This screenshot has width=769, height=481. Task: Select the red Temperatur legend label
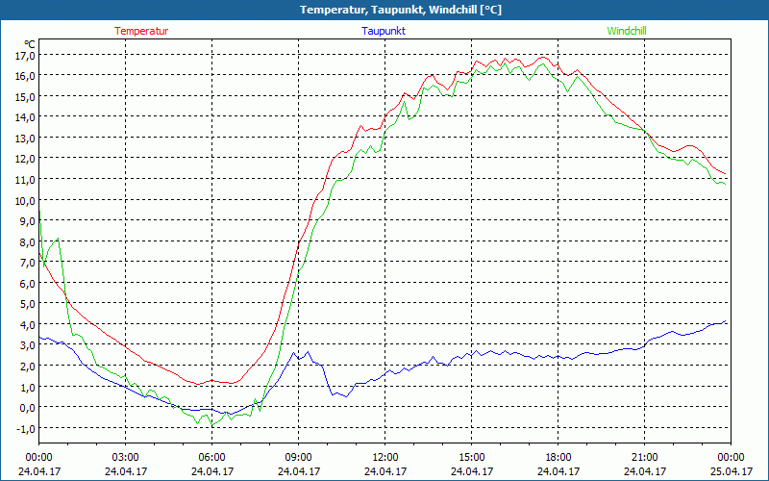tap(141, 31)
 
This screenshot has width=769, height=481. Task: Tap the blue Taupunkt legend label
tap(384, 31)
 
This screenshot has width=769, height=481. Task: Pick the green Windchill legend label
tap(627, 31)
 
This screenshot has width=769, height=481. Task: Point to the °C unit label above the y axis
tap(30, 44)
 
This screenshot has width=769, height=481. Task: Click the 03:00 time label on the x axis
tap(125, 457)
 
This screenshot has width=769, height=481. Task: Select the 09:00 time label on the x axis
tap(298, 457)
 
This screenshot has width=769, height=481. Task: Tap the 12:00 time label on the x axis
tap(384, 457)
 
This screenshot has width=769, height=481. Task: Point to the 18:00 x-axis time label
tap(558, 457)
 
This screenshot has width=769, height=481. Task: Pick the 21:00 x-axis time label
tap(644, 457)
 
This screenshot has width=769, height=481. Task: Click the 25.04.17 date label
tap(731, 471)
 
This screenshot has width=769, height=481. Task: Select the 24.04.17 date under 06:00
tap(211, 471)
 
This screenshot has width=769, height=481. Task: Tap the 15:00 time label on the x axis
tap(471, 457)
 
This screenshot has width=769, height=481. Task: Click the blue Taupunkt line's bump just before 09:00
tap(294, 354)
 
